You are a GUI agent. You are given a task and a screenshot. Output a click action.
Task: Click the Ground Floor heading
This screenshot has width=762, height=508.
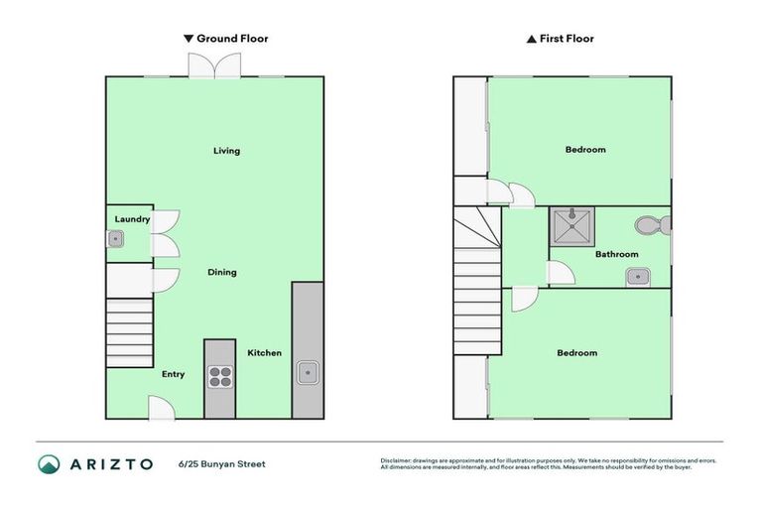[x=226, y=39]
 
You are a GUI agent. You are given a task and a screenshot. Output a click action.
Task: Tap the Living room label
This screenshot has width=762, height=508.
[x=226, y=151]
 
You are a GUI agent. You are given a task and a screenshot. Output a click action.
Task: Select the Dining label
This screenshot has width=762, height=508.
[x=221, y=272]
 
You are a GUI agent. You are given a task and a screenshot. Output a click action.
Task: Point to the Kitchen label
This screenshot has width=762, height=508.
[x=264, y=352]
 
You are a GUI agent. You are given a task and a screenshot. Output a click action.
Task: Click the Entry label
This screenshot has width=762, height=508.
[x=174, y=374]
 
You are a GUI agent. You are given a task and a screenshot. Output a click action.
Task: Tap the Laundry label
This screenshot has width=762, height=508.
[x=132, y=219]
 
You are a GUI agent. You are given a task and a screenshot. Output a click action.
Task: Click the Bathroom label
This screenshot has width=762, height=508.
[x=616, y=254]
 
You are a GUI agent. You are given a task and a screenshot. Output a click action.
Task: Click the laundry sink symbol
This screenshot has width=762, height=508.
[x=116, y=239]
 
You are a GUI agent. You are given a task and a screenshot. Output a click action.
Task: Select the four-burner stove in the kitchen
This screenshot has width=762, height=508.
[x=219, y=377]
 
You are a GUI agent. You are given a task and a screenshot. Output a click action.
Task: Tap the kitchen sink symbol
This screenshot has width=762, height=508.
[x=307, y=374]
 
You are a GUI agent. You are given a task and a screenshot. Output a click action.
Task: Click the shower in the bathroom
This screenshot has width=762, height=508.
[x=571, y=227]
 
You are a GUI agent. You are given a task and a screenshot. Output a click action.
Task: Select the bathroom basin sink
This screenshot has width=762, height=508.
[x=637, y=275]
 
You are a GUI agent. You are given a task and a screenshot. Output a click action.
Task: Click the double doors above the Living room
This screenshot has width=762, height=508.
[x=213, y=64]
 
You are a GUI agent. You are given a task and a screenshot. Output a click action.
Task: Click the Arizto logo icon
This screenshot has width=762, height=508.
[x=50, y=463]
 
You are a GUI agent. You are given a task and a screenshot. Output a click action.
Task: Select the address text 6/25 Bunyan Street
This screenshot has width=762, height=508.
[x=222, y=463]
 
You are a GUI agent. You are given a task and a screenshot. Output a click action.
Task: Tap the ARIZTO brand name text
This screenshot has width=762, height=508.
[x=110, y=463]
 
